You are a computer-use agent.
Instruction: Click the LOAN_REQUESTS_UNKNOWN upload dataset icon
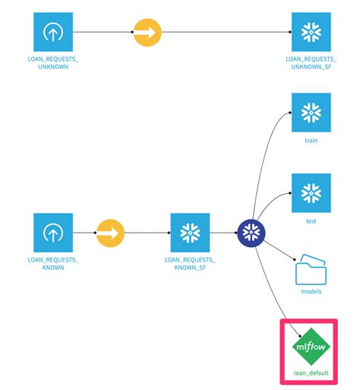click(52, 33)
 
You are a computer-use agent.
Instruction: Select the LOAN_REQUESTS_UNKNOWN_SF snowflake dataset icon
click(311, 33)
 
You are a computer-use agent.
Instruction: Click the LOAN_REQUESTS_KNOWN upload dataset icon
click(52, 233)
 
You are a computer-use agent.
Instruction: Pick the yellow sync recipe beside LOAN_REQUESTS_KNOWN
click(111, 233)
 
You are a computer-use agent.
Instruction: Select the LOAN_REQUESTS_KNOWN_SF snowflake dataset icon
click(190, 233)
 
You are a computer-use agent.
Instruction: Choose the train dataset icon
click(311, 113)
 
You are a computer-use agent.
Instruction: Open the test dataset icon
click(311, 193)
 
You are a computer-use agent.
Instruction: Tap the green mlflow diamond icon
click(311, 346)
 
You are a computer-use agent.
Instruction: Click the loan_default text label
click(311, 374)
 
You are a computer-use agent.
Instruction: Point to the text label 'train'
click(311, 141)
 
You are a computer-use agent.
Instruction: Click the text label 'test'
click(311, 221)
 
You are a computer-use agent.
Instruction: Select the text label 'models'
click(311, 292)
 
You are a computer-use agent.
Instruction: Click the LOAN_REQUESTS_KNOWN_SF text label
click(190, 265)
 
